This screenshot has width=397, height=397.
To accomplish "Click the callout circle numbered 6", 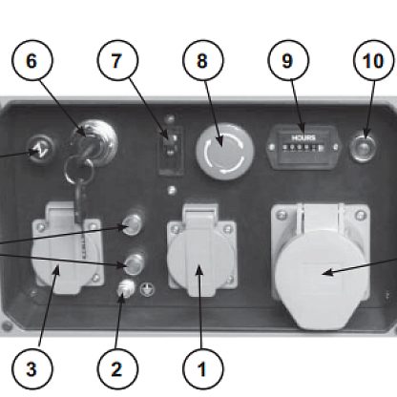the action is tap(32, 60).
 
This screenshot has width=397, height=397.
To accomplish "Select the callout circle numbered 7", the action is tap(117, 60).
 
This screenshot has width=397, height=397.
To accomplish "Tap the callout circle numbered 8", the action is tap(203, 60).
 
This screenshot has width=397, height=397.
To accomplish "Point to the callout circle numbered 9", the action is tap(288, 60).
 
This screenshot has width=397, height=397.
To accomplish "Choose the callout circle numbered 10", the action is tap(374, 60).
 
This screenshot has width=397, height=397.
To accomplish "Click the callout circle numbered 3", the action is tap(32, 369).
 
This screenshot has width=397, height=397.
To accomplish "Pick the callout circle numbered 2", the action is tap(117, 369).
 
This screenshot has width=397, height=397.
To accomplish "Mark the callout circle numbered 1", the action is tap(203, 369).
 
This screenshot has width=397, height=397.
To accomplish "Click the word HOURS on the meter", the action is tap(303, 137).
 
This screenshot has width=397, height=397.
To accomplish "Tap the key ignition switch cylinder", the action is tap(94, 142).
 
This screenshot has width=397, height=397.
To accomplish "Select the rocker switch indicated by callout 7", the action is tap(172, 151).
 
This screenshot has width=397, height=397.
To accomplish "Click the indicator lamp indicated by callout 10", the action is tap(363, 148).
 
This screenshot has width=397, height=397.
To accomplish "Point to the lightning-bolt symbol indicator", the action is tap(42, 149).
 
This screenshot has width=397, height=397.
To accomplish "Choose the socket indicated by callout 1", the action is tap(201, 251).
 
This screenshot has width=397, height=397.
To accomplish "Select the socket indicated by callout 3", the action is tap(68, 248).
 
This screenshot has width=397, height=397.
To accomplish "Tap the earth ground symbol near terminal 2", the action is tap(147, 289).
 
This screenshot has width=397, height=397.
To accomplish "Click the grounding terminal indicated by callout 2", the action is tap(126, 288).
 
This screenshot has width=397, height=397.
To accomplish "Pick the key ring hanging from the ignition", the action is tap(79, 172).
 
